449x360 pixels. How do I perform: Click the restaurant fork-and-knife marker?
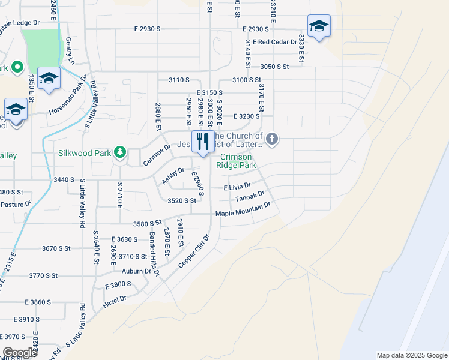pos(203,142)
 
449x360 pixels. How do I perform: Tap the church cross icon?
pos(272,140)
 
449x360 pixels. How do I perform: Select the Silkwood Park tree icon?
pos(120,153)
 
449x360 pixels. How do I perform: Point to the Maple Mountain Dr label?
pos(243,210)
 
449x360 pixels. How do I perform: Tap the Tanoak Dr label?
pos(250,197)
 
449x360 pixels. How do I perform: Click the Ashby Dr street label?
pos(173,176)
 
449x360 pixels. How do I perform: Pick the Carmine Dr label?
pos(157,155)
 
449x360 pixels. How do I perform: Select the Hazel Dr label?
pos(115,299)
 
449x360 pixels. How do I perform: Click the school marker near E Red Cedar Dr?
pos(319,26)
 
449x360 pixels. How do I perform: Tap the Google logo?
pos(20,353)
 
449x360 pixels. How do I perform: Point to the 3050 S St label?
pos(274,67)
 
